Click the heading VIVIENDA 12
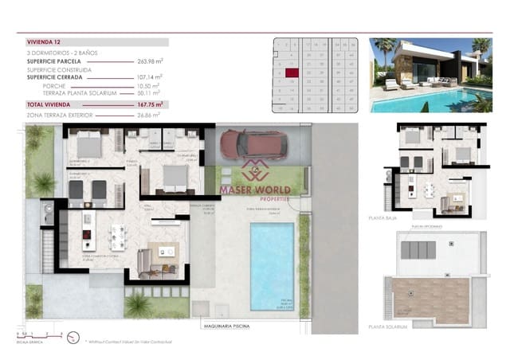click(44, 41)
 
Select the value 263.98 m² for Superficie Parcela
click(149, 60)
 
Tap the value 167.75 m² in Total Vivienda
click(149, 104)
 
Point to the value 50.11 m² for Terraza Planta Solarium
click(149, 93)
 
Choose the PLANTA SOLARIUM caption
click(388, 326)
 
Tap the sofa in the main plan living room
click(146, 259)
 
